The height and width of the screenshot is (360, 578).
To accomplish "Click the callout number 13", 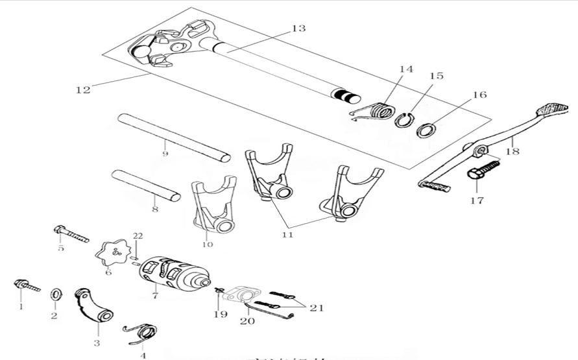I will (x=298, y=29).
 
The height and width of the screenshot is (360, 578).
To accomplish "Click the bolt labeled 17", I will (x=482, y=171).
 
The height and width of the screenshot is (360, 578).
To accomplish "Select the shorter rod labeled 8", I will (x=146, y=185).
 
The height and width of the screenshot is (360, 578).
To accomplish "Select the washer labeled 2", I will (x=56, y=295).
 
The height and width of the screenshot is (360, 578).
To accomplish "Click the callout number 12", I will (x=83, y=90).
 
